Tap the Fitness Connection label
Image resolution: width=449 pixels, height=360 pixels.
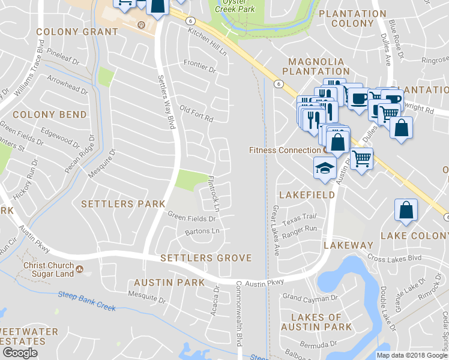click(x=285, y=150)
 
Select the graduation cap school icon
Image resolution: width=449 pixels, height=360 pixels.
click(x=324, y=167)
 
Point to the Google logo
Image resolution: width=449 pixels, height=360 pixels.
click(x=20, y=353)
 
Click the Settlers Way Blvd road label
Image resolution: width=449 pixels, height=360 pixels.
click(x=165, y=101)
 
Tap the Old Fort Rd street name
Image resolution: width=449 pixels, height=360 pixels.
click(x=196, y=114)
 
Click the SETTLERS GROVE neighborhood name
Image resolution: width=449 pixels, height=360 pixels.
click(x=206, y=258)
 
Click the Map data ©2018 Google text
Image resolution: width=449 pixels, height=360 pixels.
click(x=412, y=355)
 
